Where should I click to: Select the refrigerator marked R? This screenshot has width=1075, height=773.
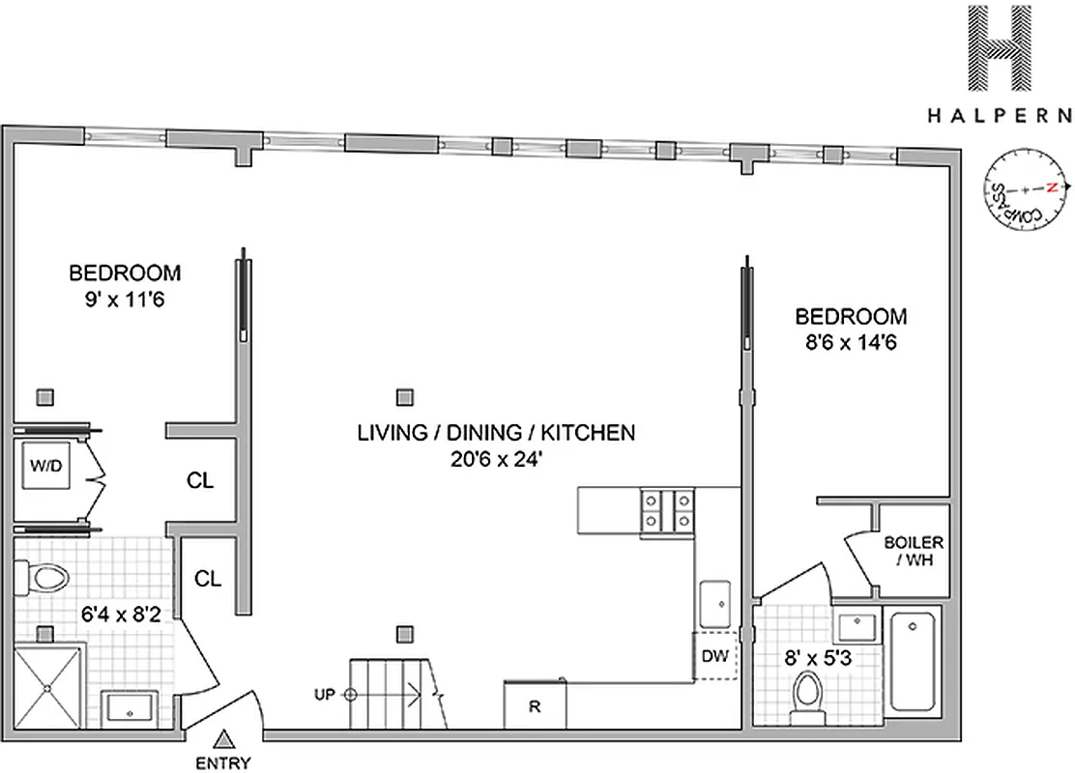click(534, 705)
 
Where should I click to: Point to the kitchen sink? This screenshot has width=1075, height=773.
click(716, 603)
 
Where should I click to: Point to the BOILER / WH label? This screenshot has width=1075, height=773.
click(914, 552)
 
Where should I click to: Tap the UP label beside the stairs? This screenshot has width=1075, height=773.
click(324, 694)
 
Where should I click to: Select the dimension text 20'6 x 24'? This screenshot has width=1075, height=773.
click(496, 461)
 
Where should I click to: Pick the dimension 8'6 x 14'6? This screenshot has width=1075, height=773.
click(850, 342)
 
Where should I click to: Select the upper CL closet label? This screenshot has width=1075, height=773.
click(200, 480)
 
